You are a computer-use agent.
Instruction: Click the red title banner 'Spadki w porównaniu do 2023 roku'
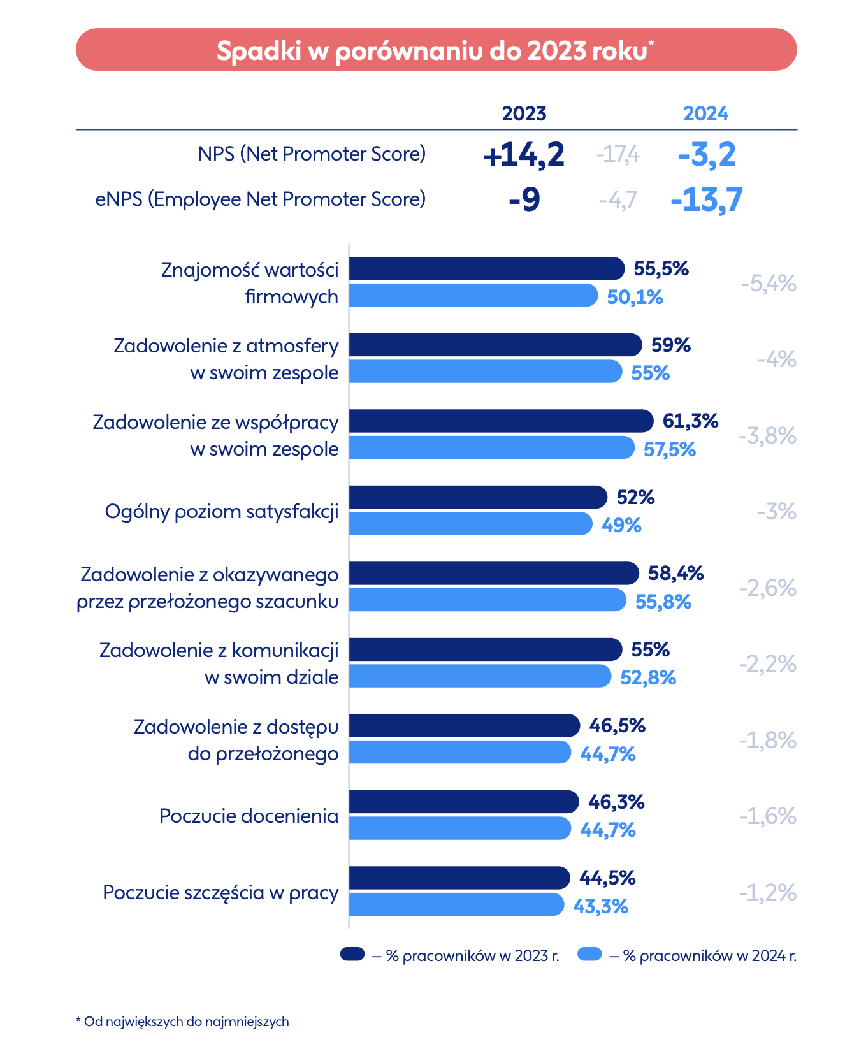[x=436, y=50]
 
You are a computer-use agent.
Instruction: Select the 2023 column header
[x=524, y=113]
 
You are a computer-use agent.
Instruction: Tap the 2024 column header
[x=705, y=113]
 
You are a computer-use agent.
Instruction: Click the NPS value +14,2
[x=524, y=155]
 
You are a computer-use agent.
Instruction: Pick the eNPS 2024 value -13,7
[x=707, y=200]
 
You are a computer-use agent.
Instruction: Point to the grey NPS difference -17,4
[x=617, y=155]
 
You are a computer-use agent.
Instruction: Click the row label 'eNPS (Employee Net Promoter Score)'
[x=260, y=199]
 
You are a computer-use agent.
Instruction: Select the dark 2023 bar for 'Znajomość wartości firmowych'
[x=486, y=268]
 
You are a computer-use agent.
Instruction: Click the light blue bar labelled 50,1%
[x=473, y=296]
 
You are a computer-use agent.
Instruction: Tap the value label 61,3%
[x=691, y=421]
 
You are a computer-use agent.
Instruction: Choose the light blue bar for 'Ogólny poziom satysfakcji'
[x=470, y=524]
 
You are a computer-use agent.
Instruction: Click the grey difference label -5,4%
[x=769, y=284]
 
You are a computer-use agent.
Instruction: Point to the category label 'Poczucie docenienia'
[x=249, y=816]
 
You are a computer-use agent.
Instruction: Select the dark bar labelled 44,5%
[x=459, y=878]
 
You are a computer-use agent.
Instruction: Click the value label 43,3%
[x=601, y=906]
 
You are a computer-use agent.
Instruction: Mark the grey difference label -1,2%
[x=768, y=893]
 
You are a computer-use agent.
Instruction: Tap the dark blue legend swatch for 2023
[x=352, y=954]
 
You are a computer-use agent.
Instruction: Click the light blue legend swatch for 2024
[x=589, y=954]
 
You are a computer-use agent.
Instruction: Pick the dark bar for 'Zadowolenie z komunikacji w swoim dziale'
[x=485, y=649]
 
